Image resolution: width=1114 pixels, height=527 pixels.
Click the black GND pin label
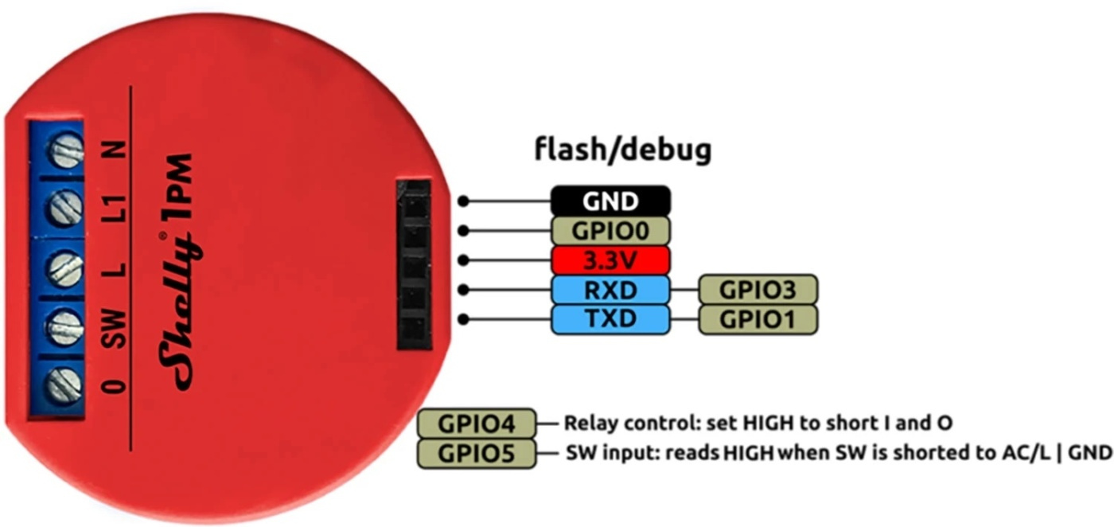(x=610, y=201)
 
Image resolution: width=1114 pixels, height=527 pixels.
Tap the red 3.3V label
(x=610, y=260)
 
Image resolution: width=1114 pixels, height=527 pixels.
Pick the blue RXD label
(x=610, y=290)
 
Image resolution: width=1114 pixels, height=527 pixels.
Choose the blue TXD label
(x=610, y=319)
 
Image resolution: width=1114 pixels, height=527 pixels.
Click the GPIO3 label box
(x=758, y=290)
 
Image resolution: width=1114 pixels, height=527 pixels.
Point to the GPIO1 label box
(x=758, y=319)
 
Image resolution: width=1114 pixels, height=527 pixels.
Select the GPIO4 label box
(x=477, y=424)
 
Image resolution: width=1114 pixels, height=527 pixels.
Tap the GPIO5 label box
(x=477, y=454)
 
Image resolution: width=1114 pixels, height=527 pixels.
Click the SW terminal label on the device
(x=116, y=328)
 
